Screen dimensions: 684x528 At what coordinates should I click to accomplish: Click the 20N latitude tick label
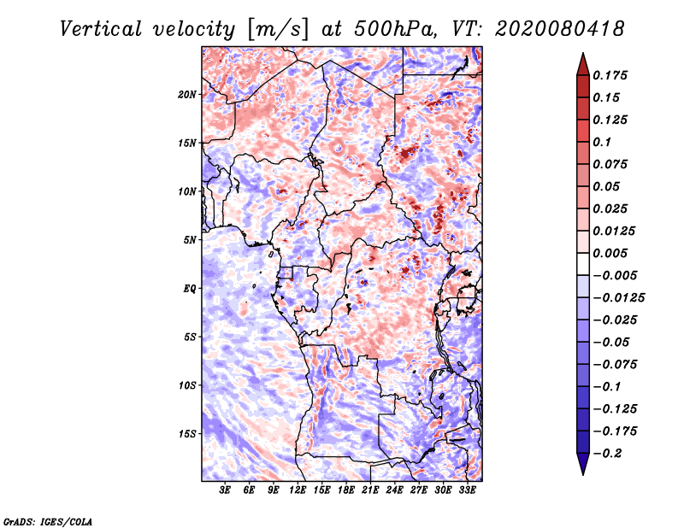(187, 95)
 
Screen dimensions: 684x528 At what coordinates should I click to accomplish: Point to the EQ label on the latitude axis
(189, 289)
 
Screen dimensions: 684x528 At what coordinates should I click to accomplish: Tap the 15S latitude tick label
(187, 434)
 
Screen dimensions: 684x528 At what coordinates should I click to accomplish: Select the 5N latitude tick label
(189, 240)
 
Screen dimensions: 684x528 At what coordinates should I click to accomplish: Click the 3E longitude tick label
(225, 490)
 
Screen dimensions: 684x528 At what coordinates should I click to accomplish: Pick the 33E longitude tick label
(467, 490)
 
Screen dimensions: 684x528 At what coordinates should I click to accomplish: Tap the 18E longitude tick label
(346, 490)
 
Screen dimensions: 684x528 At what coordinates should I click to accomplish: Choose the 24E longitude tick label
(394, 490)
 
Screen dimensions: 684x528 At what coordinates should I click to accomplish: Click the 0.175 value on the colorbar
(610, 75)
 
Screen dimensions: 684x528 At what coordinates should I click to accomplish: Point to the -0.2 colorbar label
(607, 454)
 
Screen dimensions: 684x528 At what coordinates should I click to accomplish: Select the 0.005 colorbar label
(610, 253)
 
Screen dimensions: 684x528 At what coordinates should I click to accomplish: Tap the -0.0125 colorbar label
(618, 298)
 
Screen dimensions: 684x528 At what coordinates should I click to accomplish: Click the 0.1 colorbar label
(602, 142)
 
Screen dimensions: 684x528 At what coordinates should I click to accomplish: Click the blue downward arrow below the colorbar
(583, 464)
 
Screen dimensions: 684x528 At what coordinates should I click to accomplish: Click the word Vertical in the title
(101, 29)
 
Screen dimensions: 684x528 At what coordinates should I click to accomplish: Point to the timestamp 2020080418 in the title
(560, 29)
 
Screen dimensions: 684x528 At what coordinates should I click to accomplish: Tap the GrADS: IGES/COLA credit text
(48, 522)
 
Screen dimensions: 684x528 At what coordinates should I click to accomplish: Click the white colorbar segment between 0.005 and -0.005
(583, 264)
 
